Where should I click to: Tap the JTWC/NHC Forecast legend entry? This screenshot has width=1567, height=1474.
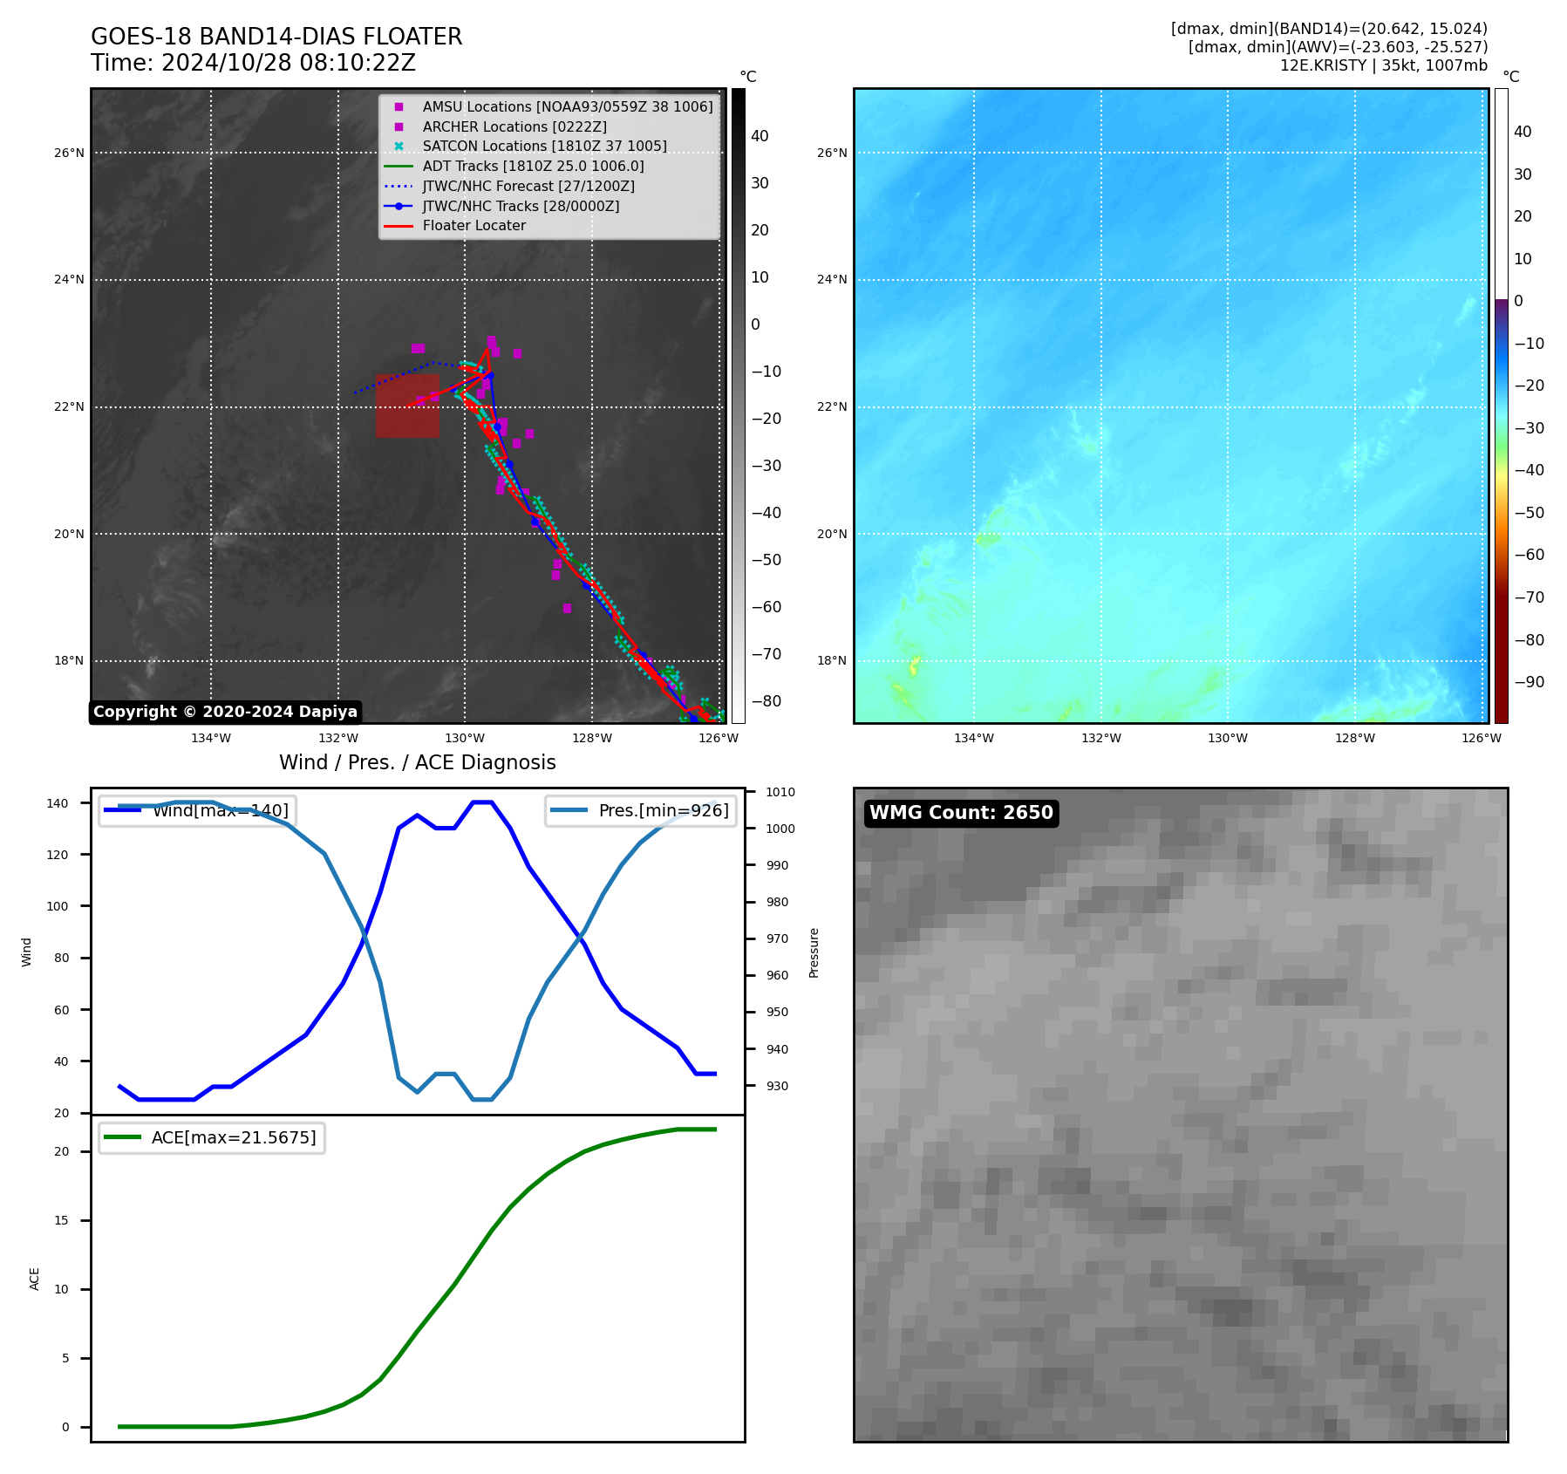point(528,186)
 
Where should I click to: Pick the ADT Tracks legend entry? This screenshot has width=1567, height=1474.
point(533,166)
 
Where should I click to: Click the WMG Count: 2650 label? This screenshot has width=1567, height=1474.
point(961,813)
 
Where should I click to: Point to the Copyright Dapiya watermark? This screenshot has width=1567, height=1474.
point(225,712)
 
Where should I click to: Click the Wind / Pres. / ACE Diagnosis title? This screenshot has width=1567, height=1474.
point(417,762)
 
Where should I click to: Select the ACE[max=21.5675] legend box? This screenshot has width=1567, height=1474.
point(212,1137)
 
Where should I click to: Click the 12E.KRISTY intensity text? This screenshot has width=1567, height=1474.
point(1383,65)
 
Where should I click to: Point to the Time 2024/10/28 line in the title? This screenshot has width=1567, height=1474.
point(253,63)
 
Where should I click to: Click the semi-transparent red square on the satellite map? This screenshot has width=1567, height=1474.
point(407,406)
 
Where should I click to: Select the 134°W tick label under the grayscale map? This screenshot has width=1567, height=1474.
point(211,738)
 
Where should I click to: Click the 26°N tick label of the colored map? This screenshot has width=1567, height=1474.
point(832,153)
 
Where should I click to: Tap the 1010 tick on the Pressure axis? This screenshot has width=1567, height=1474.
point(780,792)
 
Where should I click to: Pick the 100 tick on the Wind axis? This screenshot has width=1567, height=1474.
point(57,906)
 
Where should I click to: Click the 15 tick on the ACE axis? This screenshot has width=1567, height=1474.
point(61,1220)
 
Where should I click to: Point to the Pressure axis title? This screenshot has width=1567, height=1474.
point(814,952)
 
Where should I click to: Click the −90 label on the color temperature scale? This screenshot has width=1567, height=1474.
point(1529,682)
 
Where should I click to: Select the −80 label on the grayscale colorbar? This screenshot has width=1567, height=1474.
point(766,701)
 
